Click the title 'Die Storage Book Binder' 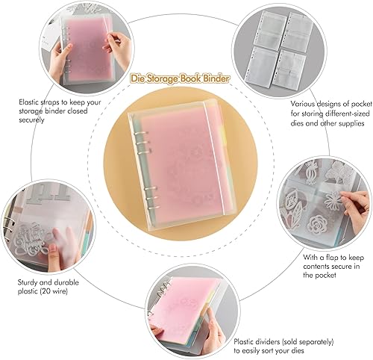click(181, 78)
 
